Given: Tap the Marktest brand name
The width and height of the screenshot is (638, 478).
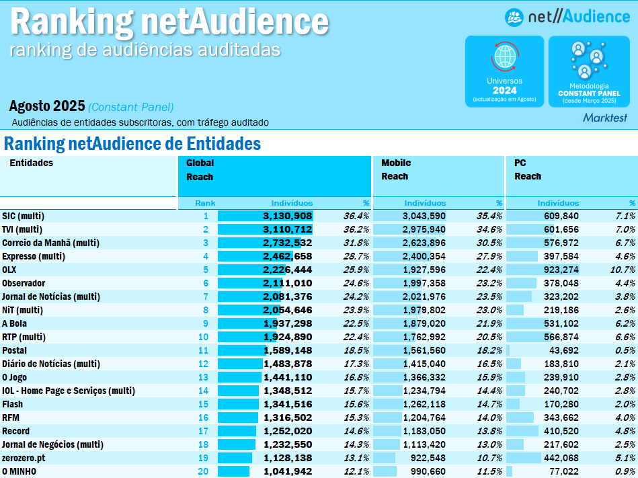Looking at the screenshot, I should pyautogui.click(x=604, y=118).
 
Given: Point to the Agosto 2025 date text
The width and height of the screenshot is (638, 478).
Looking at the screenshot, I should pyautogui.click(x=47, y=106).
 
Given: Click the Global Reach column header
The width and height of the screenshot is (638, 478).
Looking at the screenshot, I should pyautogui.click(x=200, y=169).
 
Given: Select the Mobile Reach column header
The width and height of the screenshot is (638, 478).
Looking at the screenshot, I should pyautogui.click(x=396, y=169).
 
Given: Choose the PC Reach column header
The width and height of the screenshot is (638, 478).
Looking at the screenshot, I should pyautogui.click(x=528, y=169).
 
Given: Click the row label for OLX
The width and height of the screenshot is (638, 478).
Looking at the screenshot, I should pyautogui.click(x=10, y=270).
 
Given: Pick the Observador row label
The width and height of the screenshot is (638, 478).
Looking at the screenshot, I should pyautogui.click(x=24, y=283).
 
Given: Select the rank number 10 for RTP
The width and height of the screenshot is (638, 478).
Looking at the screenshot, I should pyautogui.click(x=203, y=337).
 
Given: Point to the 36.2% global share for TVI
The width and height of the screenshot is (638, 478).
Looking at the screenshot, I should pyautogui.click(x=356, y=229).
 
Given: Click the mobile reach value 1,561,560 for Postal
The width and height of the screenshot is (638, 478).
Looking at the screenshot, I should pyautogui.click(x=424, y=350).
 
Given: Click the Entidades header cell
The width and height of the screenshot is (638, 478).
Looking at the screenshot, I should pyautogui.click(x=31, y=163).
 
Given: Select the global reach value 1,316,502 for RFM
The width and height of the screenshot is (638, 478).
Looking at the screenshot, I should pyautogui.click(x=288, y=417).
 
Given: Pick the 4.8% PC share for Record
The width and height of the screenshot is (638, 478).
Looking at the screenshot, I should pyautogui.click(x=625, y=431).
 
